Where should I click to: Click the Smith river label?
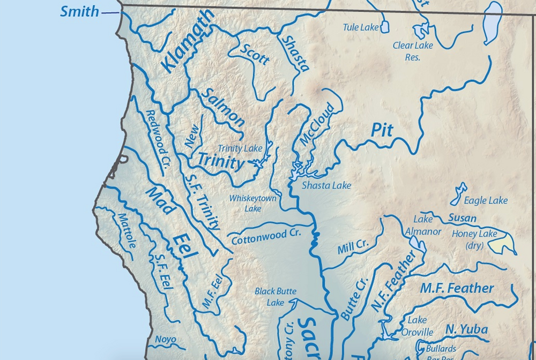[x=79, y=11]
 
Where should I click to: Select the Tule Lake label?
[x=361, y=27]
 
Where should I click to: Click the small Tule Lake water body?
[x=385, y=27]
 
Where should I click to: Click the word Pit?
[x=382, y=130]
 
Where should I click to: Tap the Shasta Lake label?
[x=326, y=185]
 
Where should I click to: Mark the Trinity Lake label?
[x=240, y=148]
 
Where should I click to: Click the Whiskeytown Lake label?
[x=253, y=203]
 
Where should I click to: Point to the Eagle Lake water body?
[x=459, y=194]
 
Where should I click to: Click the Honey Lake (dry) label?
[x=474, y=239]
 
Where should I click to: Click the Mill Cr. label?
[x=353, y=247]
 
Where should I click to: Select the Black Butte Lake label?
[x=276, y=297]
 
